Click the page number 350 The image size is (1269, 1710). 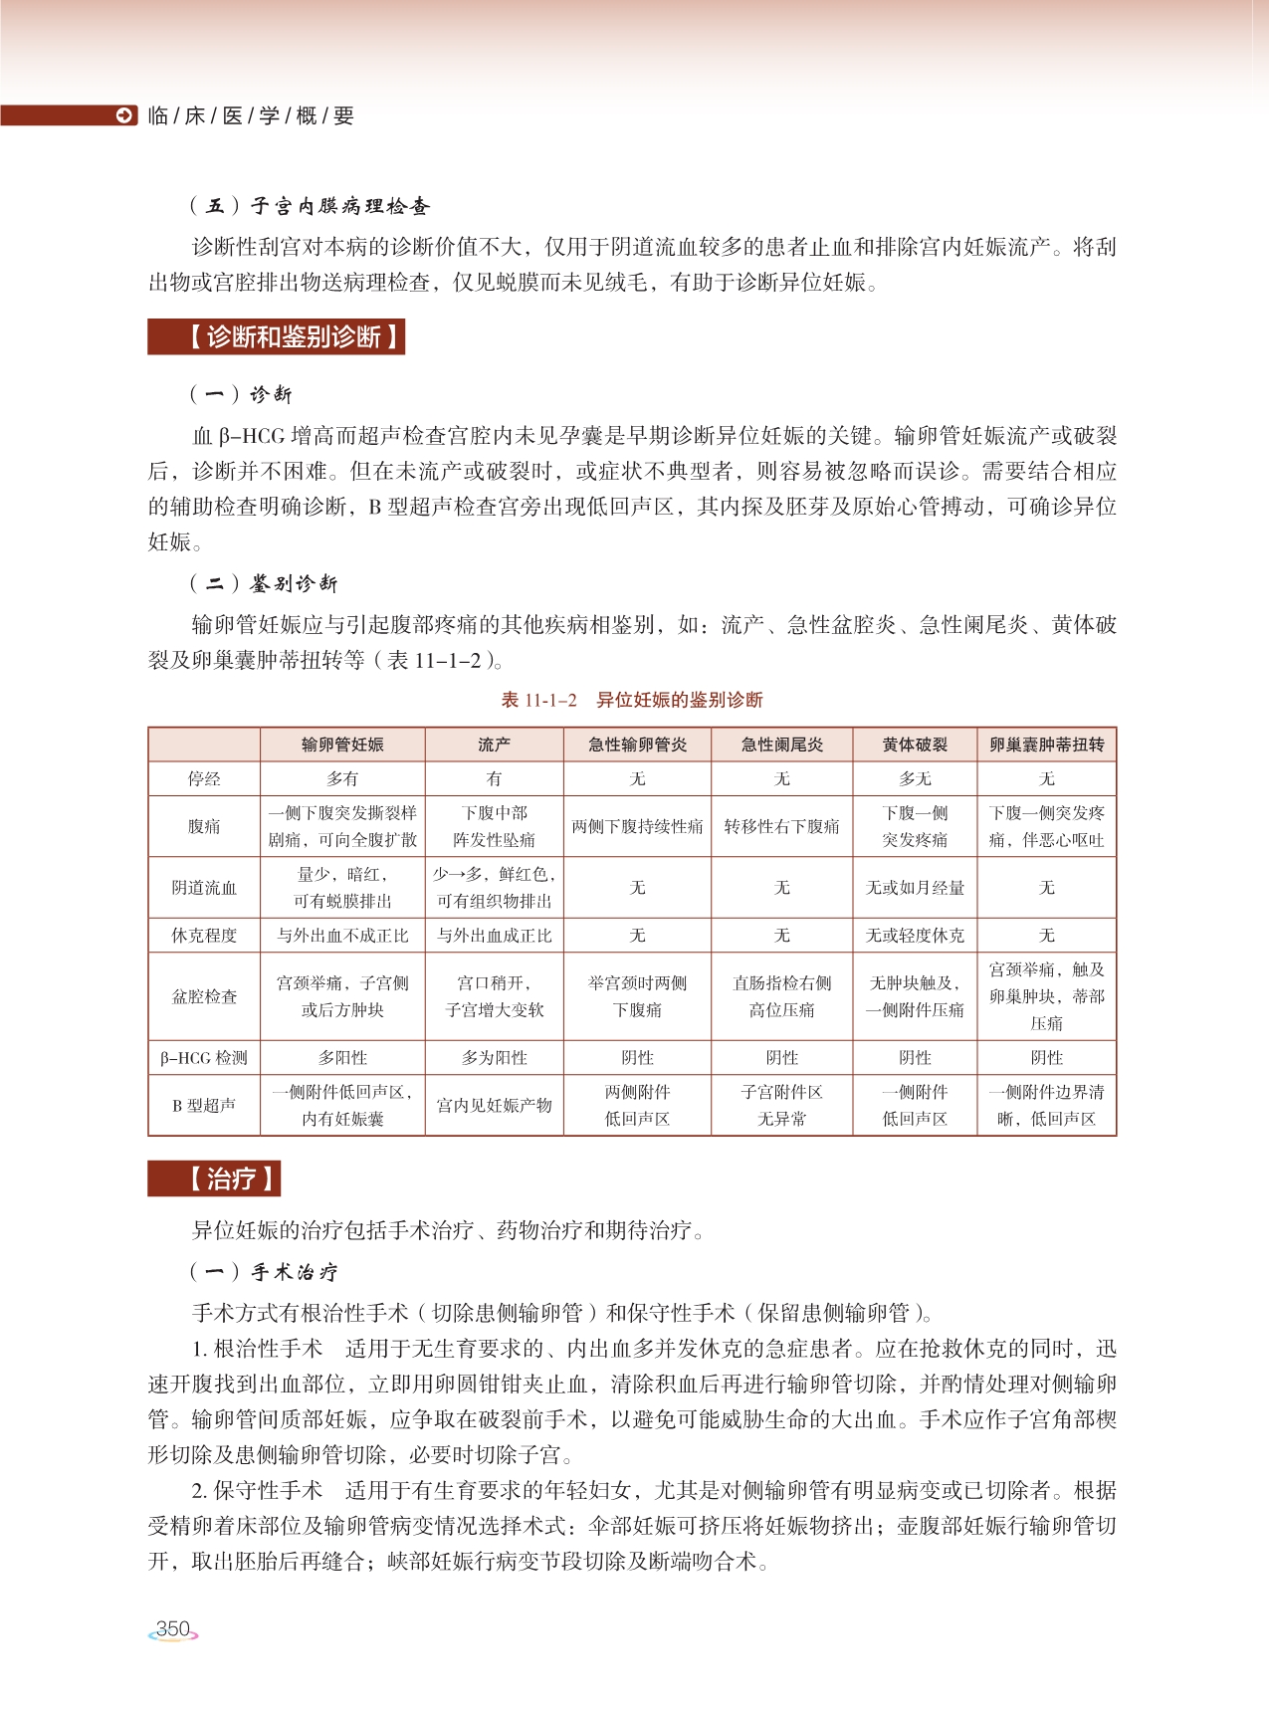tap(173, 1629)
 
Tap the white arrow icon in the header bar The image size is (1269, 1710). tap(125, 115)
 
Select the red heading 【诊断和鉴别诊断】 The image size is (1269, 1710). tap(277, 337)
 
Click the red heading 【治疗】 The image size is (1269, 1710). tap(214, 1179)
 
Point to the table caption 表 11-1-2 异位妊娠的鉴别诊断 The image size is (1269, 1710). tap(632, 700)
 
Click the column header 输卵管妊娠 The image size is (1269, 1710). tap(342, 745)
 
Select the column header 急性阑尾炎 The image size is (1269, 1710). tap(781, 745)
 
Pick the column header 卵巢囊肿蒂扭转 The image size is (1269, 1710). tap(1046, 745)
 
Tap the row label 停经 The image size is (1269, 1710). tap(204, 778)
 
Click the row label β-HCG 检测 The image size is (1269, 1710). tap(204, 1058)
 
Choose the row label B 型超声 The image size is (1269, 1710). tap(204, 1105)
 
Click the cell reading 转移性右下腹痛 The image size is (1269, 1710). tap(781, 826)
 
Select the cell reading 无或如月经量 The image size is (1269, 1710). tap(915, 887)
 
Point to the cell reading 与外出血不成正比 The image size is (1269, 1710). tap(342, 936)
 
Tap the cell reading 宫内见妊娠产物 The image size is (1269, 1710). tap(494, 1105)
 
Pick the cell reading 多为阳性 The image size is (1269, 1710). tap(494, 1058)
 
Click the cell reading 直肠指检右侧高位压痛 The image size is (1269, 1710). tap(781, 996)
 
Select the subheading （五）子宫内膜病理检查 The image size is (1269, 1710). tap(310, 206)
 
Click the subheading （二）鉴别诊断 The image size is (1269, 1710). tap(264, 583)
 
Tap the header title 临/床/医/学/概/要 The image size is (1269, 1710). tap(251, 115)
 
